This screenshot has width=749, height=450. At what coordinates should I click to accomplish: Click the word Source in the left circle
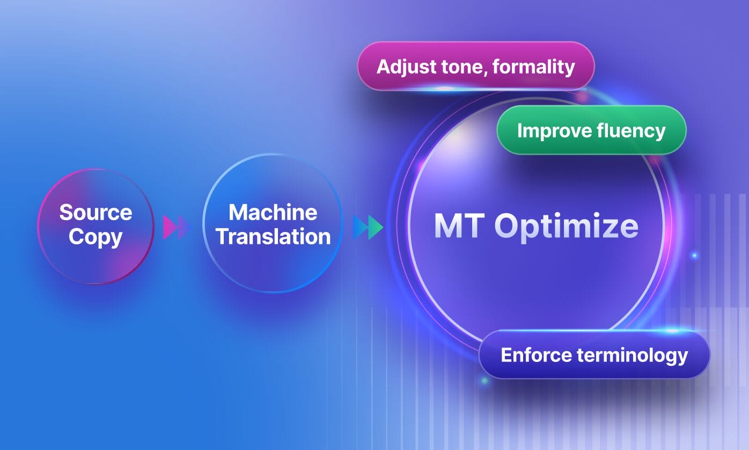click(x=96, y=213)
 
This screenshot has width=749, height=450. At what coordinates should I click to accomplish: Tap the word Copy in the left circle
click(x=96, y=237)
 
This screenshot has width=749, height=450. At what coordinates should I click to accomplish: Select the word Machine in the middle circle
click(x=273, y=213)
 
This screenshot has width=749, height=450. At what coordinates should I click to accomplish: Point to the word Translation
click(x=273, y=236)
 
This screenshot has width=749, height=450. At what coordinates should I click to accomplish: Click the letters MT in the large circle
click(x=459, y=226)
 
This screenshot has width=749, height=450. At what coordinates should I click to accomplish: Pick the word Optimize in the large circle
click(x=567, y=227)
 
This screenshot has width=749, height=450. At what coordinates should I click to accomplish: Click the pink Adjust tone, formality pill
click(x=476, y=66)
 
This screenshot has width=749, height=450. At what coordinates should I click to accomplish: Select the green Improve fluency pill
click(x=591, y=130)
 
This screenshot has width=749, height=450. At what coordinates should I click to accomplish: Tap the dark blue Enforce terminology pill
click(x=594, y=354)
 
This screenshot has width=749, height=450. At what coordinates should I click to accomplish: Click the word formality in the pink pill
click(x=534, y=67)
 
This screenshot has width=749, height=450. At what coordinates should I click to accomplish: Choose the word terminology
click(x=632, y=355)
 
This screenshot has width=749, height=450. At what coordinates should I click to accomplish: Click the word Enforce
click(x=536, y=354)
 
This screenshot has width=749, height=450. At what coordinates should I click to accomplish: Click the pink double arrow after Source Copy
click(x=176, y=228)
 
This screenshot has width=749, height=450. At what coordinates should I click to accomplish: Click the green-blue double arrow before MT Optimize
click(x=368, y=228)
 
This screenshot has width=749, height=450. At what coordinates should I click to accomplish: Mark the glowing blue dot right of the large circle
click(x=694, y=256)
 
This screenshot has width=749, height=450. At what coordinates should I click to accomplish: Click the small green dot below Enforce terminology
click(x=484, y=381)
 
